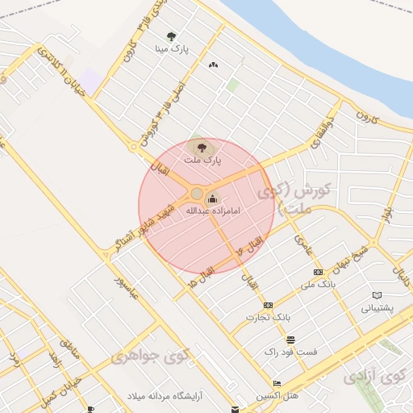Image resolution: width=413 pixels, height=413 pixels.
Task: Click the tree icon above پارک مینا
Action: [x=171, y=35]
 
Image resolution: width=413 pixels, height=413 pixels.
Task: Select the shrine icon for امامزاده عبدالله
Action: [x=212, y=198]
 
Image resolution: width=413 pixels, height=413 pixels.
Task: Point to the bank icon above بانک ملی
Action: [x=318, y=272]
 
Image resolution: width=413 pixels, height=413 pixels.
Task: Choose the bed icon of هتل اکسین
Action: [x=277, y=383]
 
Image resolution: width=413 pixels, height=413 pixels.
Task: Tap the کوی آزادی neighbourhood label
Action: [x=375, y=376]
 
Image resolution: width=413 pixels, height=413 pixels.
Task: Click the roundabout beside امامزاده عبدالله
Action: [x=196, y=194]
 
